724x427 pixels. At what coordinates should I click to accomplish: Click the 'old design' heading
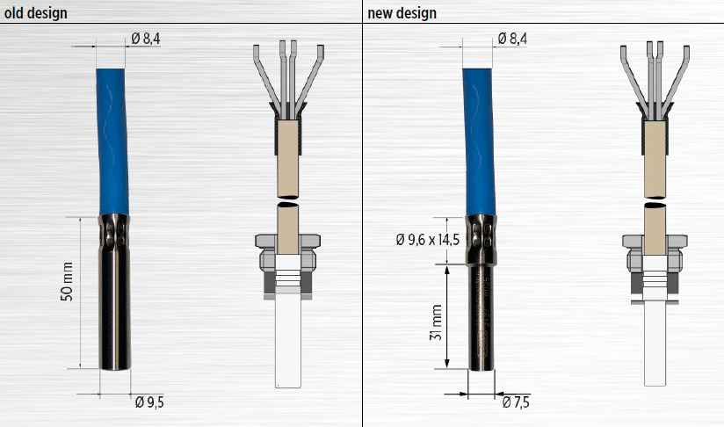click(x=35, y=13)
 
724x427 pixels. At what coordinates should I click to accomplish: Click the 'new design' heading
click(x=402, y=13)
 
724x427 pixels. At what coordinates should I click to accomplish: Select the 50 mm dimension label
click(x=67, y=281)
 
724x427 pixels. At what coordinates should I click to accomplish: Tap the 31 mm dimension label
click(x=436, y=322)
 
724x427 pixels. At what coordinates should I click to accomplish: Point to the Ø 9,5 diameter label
click(x=149, y=402)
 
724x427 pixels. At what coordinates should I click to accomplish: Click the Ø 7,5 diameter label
click(x=516, y=402)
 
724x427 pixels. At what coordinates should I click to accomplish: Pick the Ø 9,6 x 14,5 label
click(x=428, y=240)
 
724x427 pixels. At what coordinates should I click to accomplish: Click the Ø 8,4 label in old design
click(x=146, y=39)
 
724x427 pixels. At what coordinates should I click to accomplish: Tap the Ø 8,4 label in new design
click(x=512, y=39)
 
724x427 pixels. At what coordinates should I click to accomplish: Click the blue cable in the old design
click(x=112, y=141)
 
